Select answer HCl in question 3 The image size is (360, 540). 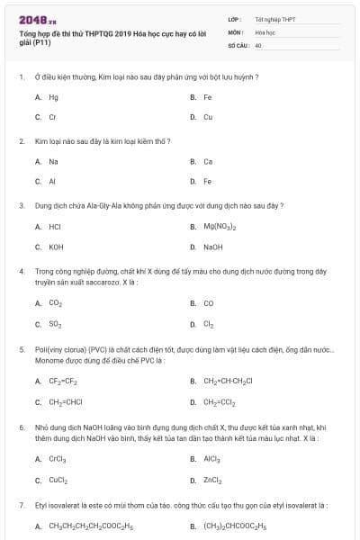pyautogui.click(x=55, y=227)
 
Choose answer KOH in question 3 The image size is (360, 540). pyautogui.click(x=56, y=247)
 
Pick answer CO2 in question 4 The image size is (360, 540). pyautogui.click(x=55, y=303)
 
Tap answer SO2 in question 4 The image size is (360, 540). pyautogui.click(x=55, y=324)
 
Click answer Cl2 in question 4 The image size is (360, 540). pyautogui.click(x=208, y=324)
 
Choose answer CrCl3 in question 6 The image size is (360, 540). pyautogui.click(x=57, y=458)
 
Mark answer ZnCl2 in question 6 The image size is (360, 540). pyautogui.click(x=212, y=479)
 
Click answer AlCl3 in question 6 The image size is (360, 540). pyautogui.click(x=211, y=458)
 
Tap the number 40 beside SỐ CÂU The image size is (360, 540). pyautogui.click(x=258, y=44)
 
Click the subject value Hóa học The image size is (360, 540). pyautogui.click(x=264, y=31)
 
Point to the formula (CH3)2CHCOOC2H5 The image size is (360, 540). pyautogui.click(x=235, y=526)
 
